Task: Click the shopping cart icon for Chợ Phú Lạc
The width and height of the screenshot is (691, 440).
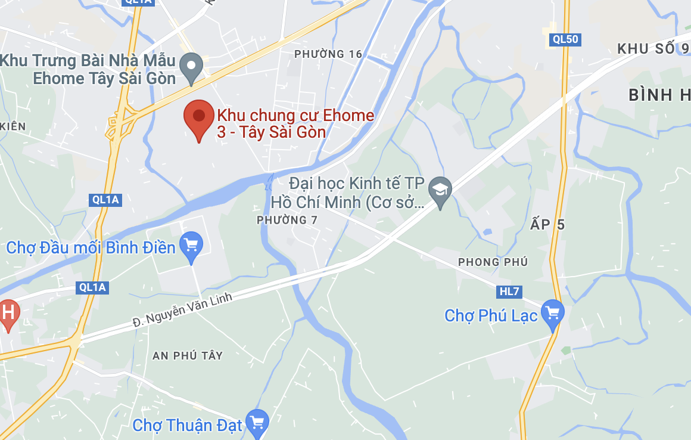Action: click(553, 312)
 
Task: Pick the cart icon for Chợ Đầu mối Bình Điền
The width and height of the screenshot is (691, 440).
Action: click(191, 245)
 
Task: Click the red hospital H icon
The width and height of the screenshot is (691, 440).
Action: click(8, 313)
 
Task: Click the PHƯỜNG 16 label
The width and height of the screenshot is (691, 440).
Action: click(328, 54)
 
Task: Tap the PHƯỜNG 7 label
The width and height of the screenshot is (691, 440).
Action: click(287, 221)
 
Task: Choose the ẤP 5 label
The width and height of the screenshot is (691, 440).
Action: click(547, 225)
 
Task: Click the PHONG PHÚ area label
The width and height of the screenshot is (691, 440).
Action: click(493, 262)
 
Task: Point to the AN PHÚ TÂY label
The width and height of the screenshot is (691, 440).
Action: click(188, 355)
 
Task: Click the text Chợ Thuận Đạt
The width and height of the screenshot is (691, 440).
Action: click(188, 425)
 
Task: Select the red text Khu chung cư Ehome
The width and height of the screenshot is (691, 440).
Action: click(295, 116)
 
